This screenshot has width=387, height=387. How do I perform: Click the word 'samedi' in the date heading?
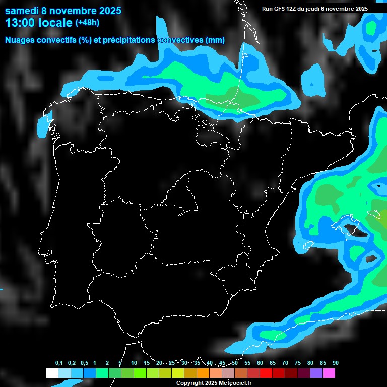tap(22, 11)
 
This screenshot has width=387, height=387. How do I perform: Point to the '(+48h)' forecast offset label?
tap(87, 22)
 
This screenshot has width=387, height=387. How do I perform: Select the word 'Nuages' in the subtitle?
tap(19, 40)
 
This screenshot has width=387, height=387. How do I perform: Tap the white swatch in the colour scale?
tap(51, 373)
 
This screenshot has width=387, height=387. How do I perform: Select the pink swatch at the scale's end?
tap(329, 373)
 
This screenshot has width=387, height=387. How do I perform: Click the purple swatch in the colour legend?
tap(316, 373)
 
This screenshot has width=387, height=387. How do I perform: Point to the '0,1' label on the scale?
tap(59, 363)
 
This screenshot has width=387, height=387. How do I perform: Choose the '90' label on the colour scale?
tap(335, 363)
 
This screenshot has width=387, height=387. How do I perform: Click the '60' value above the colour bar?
tap(260, 363)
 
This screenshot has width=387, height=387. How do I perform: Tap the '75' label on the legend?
tap(297, 363)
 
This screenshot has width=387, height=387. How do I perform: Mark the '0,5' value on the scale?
tap(84, 363)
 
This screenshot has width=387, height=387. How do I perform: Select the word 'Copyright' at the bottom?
tap(189, 383)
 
